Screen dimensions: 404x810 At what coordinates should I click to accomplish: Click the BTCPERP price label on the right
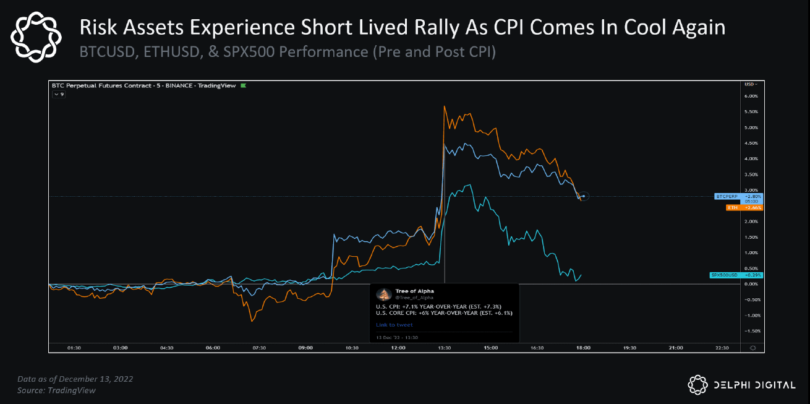click(x=738, y=196)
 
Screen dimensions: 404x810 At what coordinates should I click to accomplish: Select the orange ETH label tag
click(x=744, y=207)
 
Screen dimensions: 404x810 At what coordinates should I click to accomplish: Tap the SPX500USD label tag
click(x=736, y=275)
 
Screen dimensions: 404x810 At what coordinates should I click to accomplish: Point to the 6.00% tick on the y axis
click(x=751, y=96)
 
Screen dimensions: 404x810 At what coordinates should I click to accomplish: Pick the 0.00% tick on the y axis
click(x=751, y=284)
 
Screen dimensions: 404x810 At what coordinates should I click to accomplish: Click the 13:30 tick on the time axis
click(x=445, y=348)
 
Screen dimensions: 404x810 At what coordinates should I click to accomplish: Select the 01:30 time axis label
click(x=74, y=348)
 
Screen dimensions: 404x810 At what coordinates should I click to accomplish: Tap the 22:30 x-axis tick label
click(x=722, y=348)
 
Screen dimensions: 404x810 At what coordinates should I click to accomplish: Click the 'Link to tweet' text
click(x=394, y=325)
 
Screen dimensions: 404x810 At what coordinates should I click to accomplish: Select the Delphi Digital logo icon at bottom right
click(x=697, y=384)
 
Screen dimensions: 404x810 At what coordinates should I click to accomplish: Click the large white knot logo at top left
click(x=37, y=38)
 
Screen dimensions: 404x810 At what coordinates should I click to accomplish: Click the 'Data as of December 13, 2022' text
click(x=75, y=379)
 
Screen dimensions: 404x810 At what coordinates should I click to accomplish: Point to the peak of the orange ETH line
click(x=445, y=106)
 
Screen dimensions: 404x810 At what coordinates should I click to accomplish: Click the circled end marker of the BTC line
click(x=584, y=196)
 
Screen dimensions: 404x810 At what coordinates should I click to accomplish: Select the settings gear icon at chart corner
click(x=752, y=348)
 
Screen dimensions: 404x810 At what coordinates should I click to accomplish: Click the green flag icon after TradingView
click(x=243, y=85)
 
